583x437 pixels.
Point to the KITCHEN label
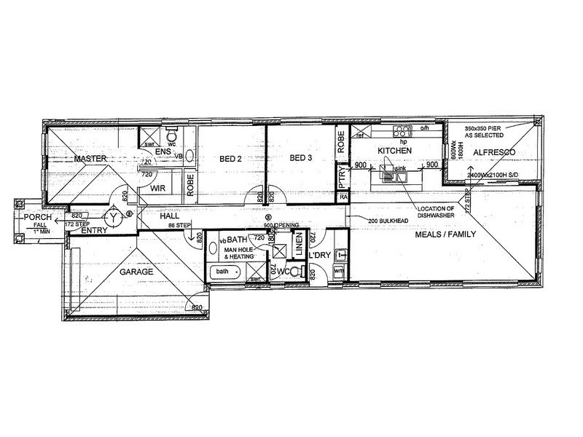[395, 150]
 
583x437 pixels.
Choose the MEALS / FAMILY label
[445, 235]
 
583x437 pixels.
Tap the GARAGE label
[136, 271]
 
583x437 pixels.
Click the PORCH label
[36, 218]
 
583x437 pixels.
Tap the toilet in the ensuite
[172, 136]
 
